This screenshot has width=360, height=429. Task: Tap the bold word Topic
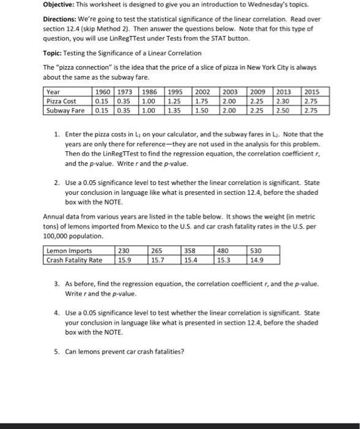point(53,54)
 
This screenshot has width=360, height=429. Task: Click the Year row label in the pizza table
point(53,92)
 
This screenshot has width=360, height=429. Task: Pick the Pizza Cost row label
point(61,101)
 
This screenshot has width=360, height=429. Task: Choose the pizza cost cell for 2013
point(283,101)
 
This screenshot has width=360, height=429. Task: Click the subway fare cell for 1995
point(175,110)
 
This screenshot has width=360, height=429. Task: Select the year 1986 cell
point(149,92)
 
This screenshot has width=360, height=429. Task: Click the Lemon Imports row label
point(69,250)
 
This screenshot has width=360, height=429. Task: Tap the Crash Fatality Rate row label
point(75,259)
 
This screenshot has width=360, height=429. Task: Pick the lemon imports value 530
point(256,250)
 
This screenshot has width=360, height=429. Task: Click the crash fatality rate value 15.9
point(124,259)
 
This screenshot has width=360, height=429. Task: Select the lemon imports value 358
point(190,250)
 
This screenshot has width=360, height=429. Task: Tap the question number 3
point(56,284)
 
